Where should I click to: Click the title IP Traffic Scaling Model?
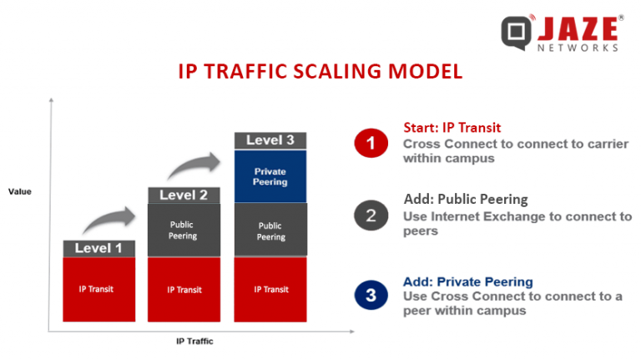pos(320,71)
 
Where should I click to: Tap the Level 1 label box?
pos(99,248)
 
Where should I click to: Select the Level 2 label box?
pos(184,195)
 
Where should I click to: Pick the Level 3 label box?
pos(270,140)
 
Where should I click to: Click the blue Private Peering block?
pos(270,176)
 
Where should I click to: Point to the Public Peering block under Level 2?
pos(184,231)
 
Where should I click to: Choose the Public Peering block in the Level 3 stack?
pos(270,231)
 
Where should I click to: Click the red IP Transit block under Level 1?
pos(99,289)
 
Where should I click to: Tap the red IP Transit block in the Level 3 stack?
pos(270,289)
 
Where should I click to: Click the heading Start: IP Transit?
pos(452,128)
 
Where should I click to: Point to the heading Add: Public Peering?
pos(466,200)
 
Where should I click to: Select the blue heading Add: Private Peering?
pos(467,281)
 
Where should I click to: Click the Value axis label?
pos(19,192)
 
